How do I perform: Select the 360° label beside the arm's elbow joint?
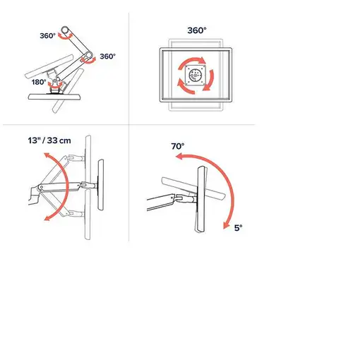[x=108, y=56]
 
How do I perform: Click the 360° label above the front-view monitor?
[x=197, y=30]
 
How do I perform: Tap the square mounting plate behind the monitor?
[x=198, y=76]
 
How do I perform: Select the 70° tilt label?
[x=178, y=147]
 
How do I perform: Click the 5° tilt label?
[x=238, y=228]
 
